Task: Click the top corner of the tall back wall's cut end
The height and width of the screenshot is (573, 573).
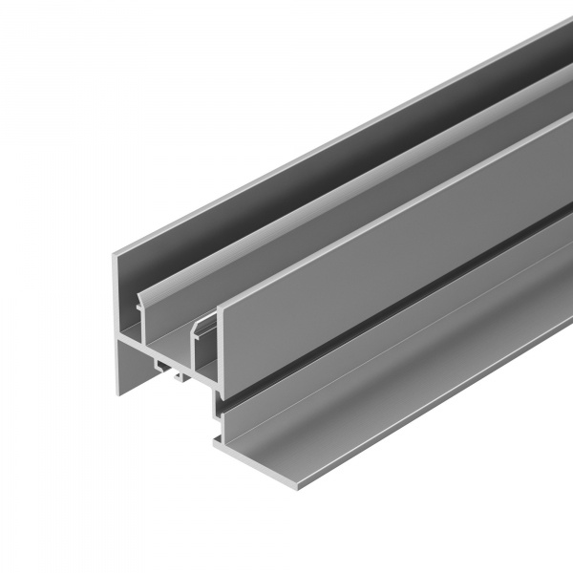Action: pyautogui.click(x=116, y=250)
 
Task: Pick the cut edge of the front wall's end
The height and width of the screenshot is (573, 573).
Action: pyautogui.click(x=221, y=353)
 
